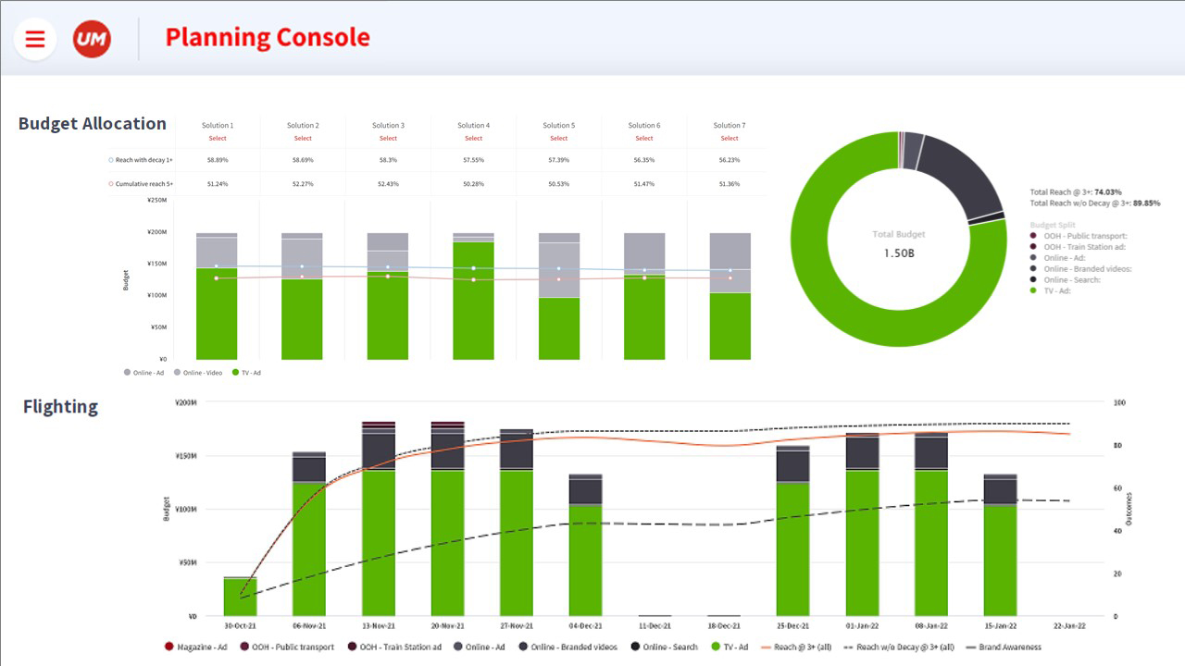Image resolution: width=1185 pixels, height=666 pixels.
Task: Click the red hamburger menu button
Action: (35, 39)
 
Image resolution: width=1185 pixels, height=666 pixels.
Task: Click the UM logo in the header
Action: (92, 39)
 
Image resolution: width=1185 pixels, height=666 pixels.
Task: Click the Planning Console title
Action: (268, 38)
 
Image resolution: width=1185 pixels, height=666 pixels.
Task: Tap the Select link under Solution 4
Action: (474, 139)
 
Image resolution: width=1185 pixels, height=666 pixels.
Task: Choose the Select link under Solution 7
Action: (730, 139)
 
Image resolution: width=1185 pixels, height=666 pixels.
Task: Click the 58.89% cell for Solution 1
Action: (218, 160)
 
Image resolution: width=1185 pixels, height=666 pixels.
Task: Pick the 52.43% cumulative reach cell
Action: (388, 184)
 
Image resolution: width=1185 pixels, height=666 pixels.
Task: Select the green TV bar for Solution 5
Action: (559, 327)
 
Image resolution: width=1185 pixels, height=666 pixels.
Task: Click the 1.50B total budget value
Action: (898, 253)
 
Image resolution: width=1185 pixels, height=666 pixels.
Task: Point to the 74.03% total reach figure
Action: (1108, 192)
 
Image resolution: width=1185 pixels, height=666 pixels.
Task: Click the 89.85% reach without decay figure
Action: (1146, 203)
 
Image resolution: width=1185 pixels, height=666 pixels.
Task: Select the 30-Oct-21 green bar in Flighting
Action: (240, 597)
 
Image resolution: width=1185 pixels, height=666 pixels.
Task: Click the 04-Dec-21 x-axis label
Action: (585, 626)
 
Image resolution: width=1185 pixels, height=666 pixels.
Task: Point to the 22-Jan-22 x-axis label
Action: (1069, 626)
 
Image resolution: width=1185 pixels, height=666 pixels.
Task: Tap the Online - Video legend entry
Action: (202, 373)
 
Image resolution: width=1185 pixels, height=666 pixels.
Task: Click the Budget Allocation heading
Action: (93, 124)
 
